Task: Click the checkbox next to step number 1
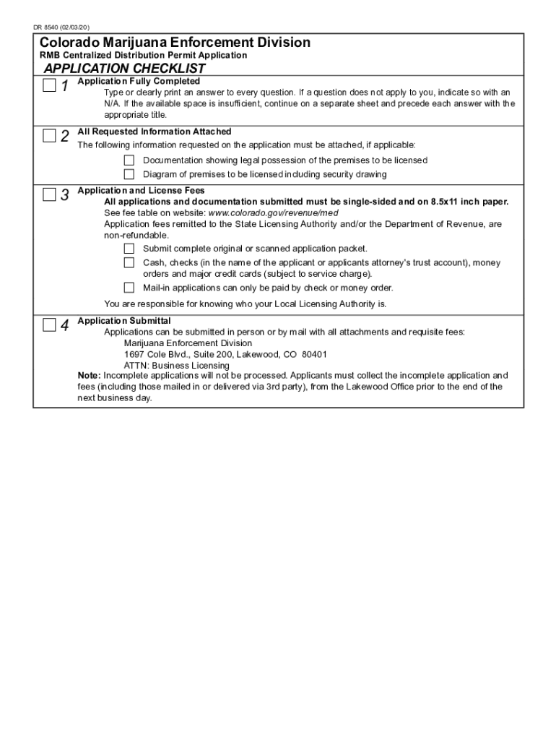(x=48, y=87)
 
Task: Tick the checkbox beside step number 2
(x=48, y=136)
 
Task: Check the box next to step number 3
(x=48, y=194)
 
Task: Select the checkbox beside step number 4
(x=48, y=324)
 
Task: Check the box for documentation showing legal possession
(x=129, y=160)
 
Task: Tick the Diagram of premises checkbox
(x=129, y=174)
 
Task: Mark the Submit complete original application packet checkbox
(x=129, y=249)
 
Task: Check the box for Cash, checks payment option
(x=129, y=263)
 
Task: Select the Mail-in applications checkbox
(x=129, y=288)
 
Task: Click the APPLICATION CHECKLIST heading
(x=125, y=69)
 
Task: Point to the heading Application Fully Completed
(x=139, y=81)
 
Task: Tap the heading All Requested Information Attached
(x=155, y=132)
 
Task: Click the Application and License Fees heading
(x=142, y=191)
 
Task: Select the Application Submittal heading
(x=124, y=321)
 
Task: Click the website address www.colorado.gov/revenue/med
(x=273, y=213)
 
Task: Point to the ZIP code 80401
(x=314, y=355)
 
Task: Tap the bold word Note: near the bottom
(x=90, y=376)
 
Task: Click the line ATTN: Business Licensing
(x=177, y=366)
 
